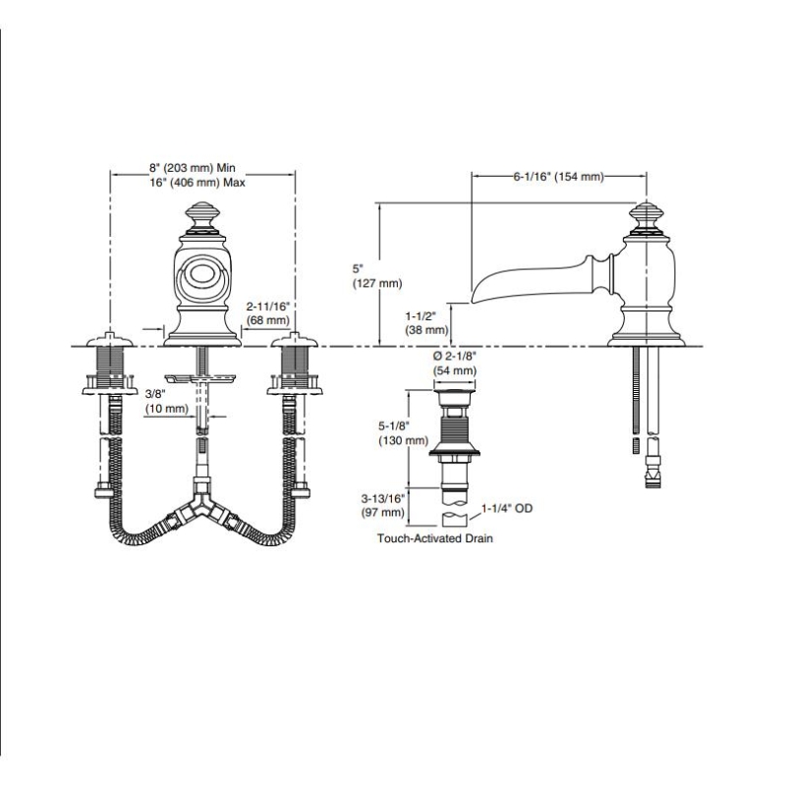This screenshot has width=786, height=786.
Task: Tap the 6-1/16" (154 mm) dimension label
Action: coord(558,176)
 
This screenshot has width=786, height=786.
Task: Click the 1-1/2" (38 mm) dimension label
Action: coord(427,323)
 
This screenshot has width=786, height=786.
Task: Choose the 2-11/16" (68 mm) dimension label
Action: coord(268,313)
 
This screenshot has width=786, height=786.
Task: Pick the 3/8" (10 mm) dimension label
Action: coord(165,401)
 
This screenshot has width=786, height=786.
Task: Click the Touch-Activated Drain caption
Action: coord(434,539)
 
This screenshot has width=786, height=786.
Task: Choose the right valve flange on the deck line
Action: coord(293,342)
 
